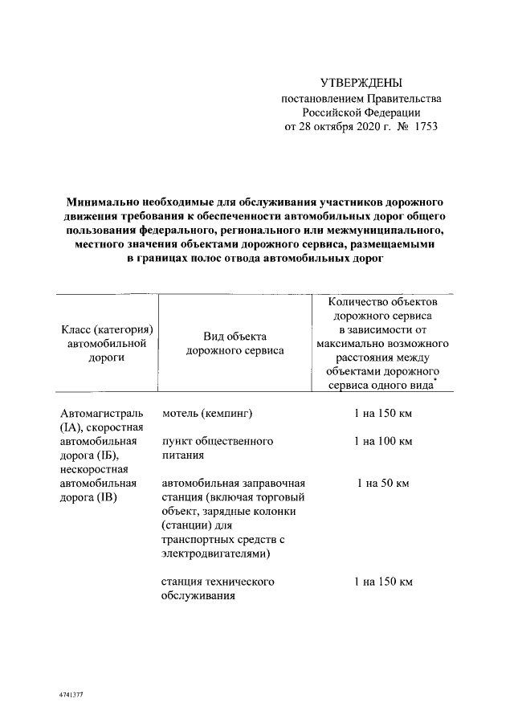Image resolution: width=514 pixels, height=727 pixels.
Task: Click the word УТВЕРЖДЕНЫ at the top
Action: point(361,83)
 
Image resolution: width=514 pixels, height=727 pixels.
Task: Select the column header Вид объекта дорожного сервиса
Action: point(235,343)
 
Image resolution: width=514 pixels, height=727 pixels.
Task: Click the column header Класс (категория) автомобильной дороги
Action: point(106,344)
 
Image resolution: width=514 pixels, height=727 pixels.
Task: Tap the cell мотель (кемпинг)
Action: point(207,414)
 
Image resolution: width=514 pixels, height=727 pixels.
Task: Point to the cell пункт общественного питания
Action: point(218,447)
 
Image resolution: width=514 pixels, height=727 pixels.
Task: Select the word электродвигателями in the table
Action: point(215,553)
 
